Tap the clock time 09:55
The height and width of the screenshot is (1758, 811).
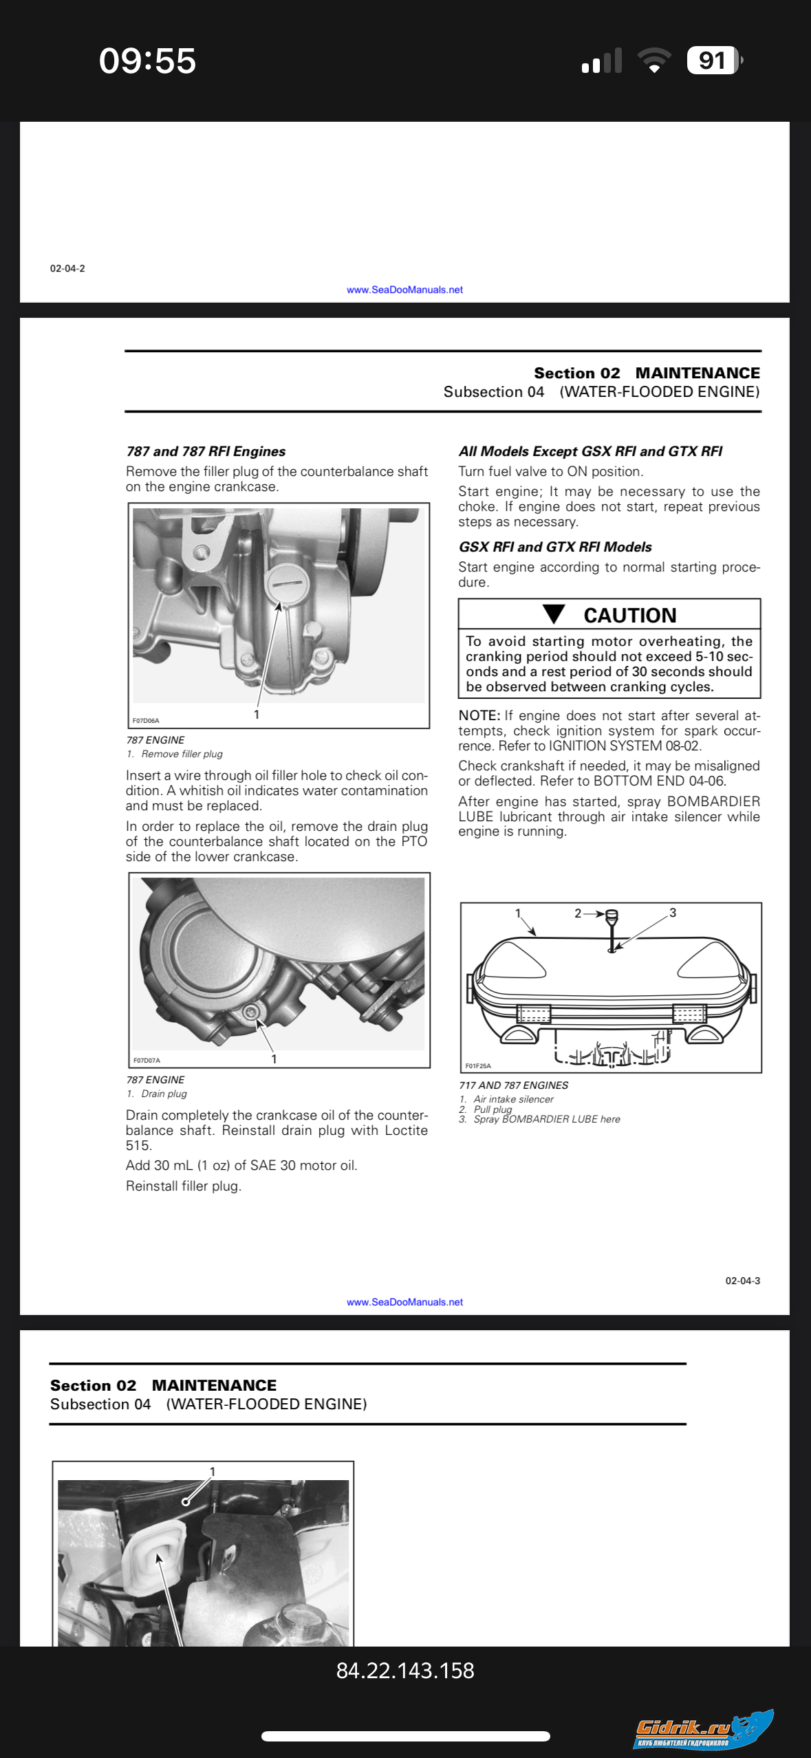point(147,61)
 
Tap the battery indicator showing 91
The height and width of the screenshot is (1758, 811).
point(713,61)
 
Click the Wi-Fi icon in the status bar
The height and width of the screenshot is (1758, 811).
point(654,61)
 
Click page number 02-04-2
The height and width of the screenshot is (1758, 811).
point(67,268)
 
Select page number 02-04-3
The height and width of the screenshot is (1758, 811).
point(742,1281)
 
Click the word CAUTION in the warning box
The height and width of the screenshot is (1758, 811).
point(629,615)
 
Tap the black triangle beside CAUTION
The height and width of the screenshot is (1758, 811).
point(554,614)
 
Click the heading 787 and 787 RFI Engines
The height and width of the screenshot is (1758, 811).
point(206,451)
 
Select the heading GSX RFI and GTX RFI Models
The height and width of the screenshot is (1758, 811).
point(555,547)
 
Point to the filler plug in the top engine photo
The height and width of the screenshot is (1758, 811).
point(284,583)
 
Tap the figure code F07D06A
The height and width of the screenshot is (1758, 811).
point(146,721)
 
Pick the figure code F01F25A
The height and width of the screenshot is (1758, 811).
point(478,1066)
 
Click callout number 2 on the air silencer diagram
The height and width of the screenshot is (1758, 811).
point(578,913)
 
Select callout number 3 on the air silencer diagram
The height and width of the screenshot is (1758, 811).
point(672,913)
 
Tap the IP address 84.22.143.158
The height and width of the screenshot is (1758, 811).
point(405,1670)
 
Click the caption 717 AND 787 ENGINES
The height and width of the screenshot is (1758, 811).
point(513,1085)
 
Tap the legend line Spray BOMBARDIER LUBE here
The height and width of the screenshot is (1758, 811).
point(546,1119)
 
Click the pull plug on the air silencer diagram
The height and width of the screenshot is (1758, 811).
point(612,917)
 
